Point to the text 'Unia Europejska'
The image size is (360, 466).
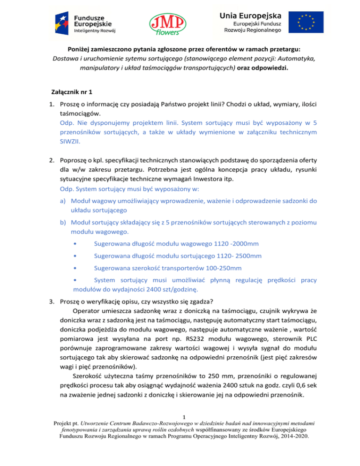click(x=249, y=15)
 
